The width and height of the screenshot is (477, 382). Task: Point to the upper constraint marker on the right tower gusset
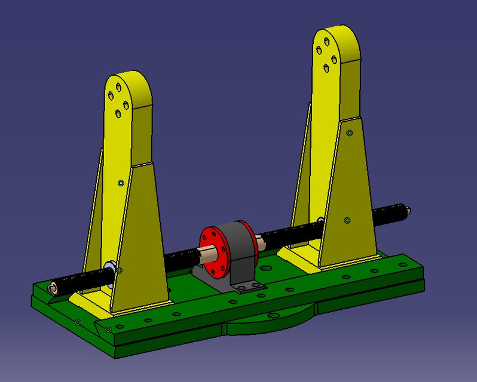[349, 133]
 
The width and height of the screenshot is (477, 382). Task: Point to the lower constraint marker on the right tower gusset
[347, 221]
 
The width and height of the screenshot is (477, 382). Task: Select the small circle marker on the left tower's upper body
[121, 183]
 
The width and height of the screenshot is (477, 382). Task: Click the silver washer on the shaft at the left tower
[110, 266]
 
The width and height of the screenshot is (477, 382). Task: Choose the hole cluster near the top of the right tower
[326, 54]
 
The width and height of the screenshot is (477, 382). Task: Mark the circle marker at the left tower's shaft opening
[120, 270]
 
